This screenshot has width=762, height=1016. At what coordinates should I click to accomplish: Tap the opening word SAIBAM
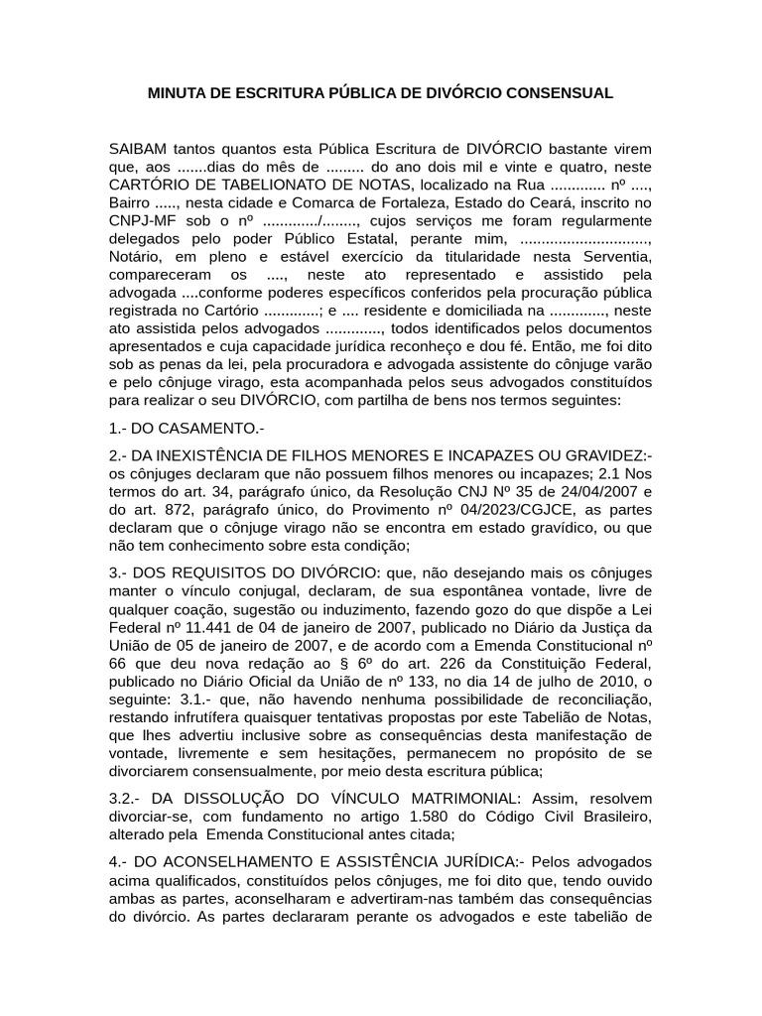tap(138, 149)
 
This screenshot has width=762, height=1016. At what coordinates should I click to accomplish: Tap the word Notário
tap(137, 256)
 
